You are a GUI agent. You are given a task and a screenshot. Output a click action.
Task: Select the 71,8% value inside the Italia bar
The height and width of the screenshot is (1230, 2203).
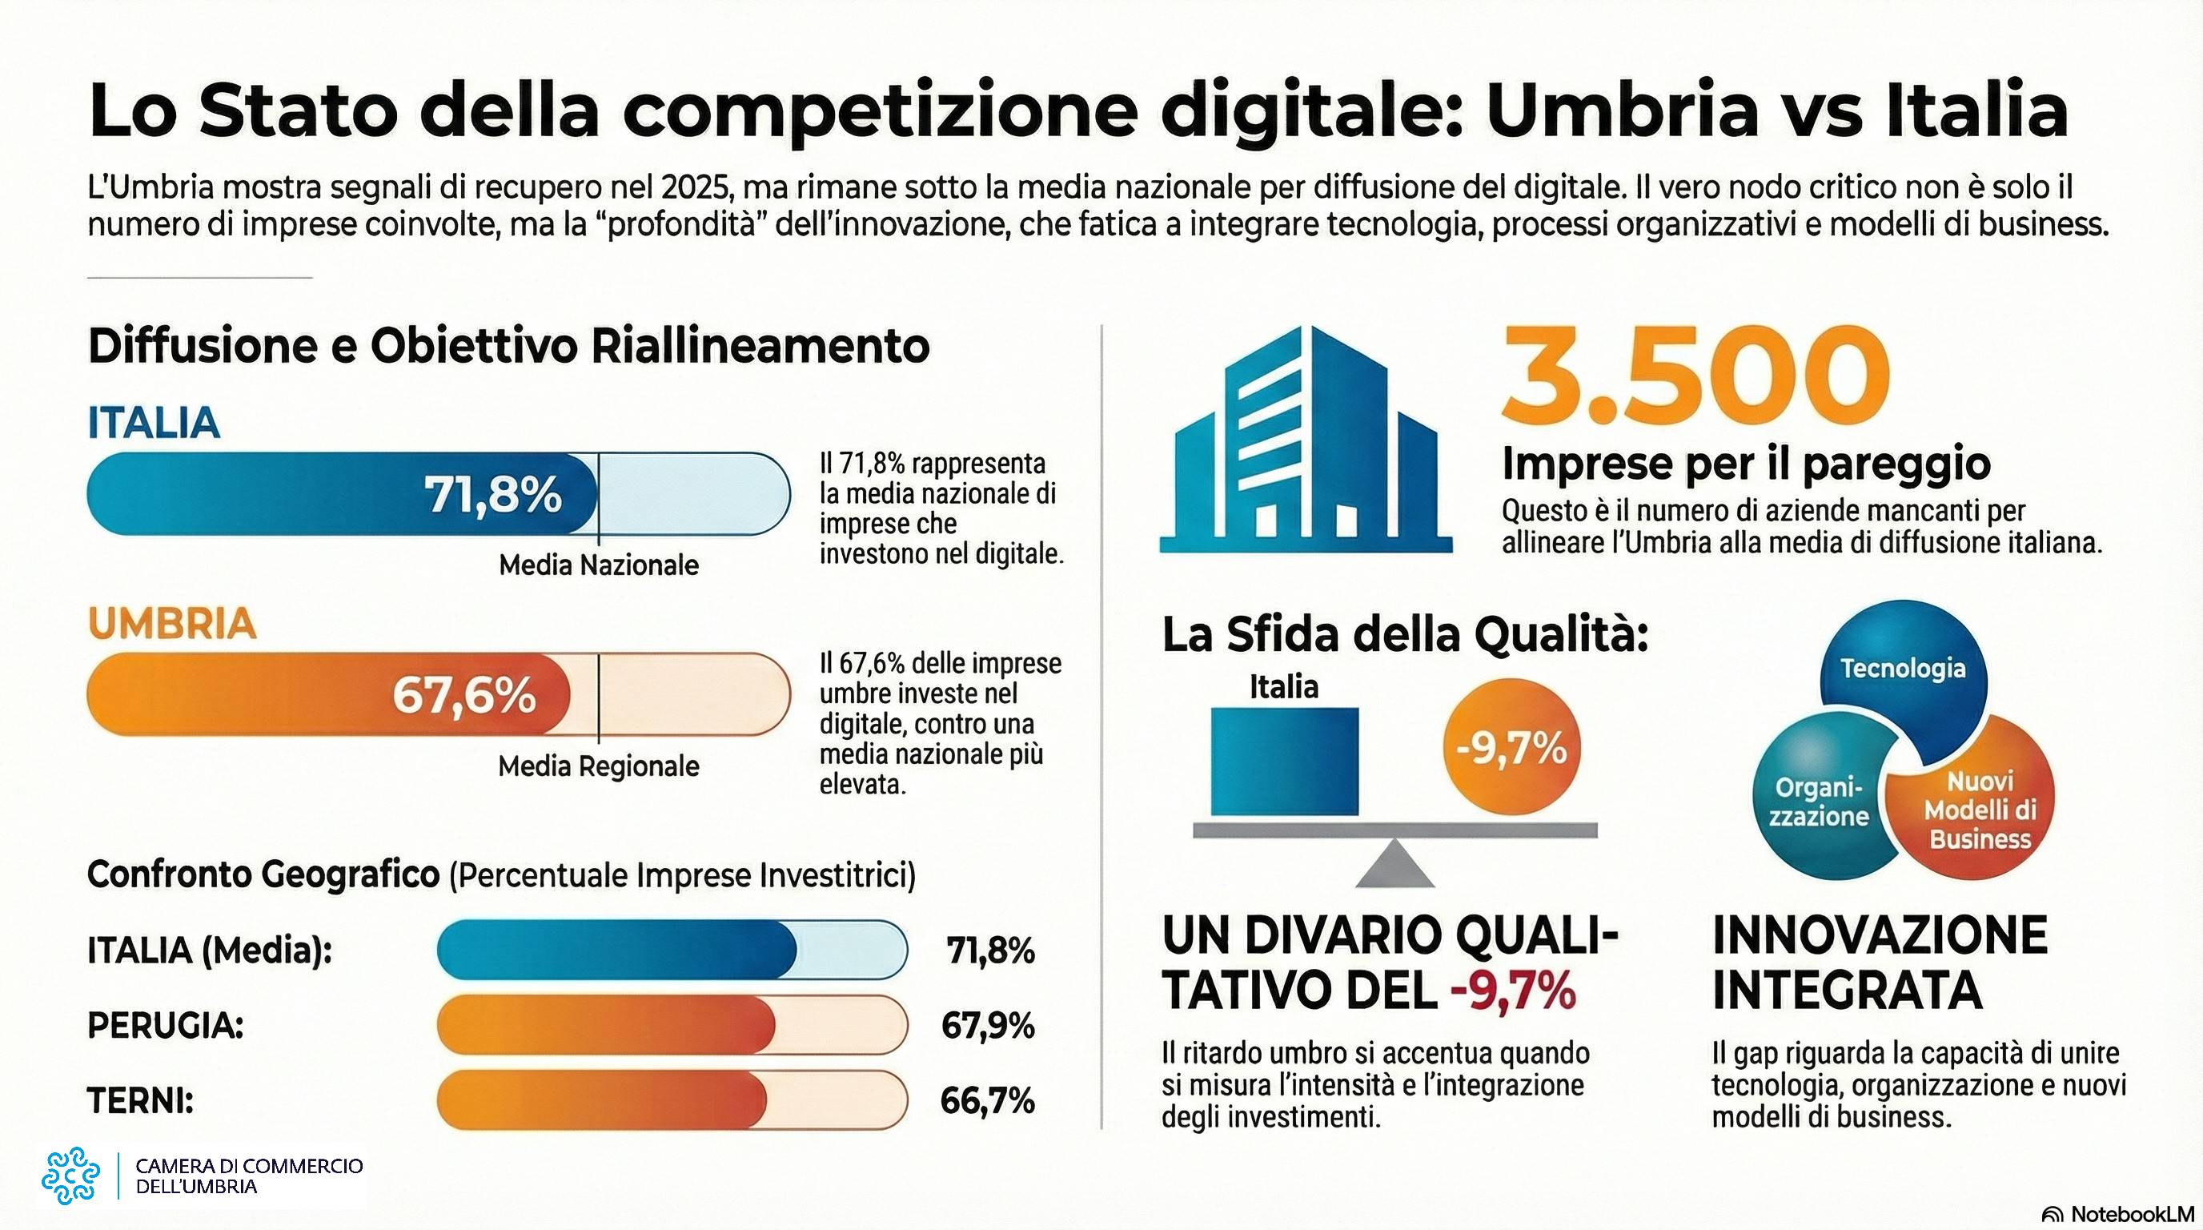[x=492, y=494]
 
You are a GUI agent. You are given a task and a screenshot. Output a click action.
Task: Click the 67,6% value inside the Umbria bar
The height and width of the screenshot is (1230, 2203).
[x=464, y=694]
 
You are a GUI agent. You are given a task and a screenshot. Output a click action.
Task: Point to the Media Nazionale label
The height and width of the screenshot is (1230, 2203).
[x=599, y=565]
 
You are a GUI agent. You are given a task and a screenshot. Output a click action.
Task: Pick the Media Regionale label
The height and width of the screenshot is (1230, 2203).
[x=599, y=766]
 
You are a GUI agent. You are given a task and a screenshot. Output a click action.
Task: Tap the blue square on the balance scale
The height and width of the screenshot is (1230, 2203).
[x=1284, y=760]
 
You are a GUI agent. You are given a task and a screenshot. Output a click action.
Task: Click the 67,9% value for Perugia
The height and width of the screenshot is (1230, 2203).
[x=988, y=1025]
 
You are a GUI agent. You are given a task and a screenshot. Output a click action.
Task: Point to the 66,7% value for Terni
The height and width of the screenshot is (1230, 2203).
[x=987, y=1100]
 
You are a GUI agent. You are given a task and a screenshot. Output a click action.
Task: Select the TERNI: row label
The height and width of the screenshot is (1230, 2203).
[x=140, y=1100]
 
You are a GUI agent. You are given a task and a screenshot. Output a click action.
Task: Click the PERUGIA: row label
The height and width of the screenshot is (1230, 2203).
[x=165, y=1025]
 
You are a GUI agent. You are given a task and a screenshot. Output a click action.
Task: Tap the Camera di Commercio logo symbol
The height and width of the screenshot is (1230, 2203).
[x=71, y=1176]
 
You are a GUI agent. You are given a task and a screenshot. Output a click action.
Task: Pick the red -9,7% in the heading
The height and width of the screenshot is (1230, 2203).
[x=1513, y=991]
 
